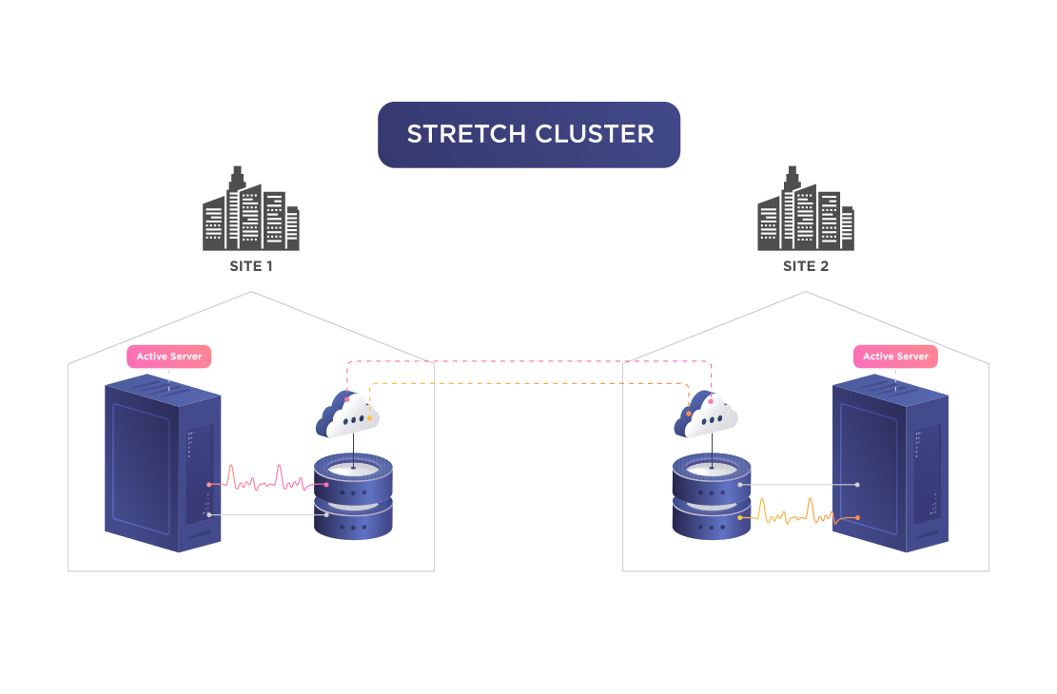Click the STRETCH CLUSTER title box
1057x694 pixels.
point(529,134)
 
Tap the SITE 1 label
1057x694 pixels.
point(251,266)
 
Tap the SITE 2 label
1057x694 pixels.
point(806,266)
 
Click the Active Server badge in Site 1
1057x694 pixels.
point(169,357)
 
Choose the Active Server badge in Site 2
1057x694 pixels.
point(896,357)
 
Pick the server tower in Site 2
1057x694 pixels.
point(891,466)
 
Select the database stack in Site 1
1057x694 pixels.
point(353,496)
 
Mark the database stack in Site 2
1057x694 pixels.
point(712,496)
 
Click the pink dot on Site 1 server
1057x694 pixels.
point(209,485)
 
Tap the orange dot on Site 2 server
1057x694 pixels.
point(857,517)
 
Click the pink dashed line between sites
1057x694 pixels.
point(529,361)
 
